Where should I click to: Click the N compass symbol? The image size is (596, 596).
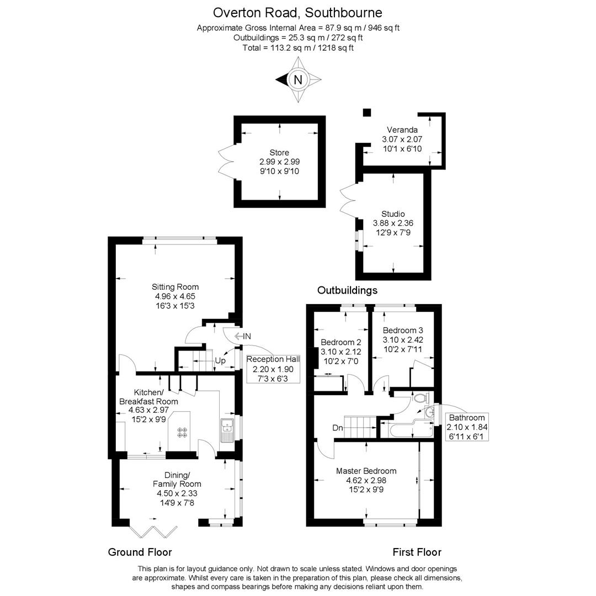point(298,80)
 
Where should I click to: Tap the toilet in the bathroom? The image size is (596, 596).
point(421,398)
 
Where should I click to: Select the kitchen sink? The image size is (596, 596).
point(228,430)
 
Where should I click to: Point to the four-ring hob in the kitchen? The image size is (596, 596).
point(182,433)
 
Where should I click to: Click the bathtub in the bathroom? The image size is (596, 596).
point(406,429)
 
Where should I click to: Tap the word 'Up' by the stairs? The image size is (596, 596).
point(220,360)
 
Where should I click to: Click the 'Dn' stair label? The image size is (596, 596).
point(338,428)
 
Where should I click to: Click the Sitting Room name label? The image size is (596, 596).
point(175,287)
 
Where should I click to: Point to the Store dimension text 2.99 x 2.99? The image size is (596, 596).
point(279,162)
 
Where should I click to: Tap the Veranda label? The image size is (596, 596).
point(402,130)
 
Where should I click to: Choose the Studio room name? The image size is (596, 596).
point(393,214)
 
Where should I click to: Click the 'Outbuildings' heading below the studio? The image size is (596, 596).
point(348,290)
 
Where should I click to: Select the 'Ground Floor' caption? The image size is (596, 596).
point(140,552)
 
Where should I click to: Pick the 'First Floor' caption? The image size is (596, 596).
point(417,552)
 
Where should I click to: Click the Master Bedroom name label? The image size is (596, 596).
point(366,471)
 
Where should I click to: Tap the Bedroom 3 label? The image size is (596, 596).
point(402,331)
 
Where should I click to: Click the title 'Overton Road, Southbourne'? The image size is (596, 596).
point(297,13)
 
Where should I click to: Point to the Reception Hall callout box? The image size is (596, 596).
point(273,369)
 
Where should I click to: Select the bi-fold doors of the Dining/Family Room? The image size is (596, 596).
point(153,531)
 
